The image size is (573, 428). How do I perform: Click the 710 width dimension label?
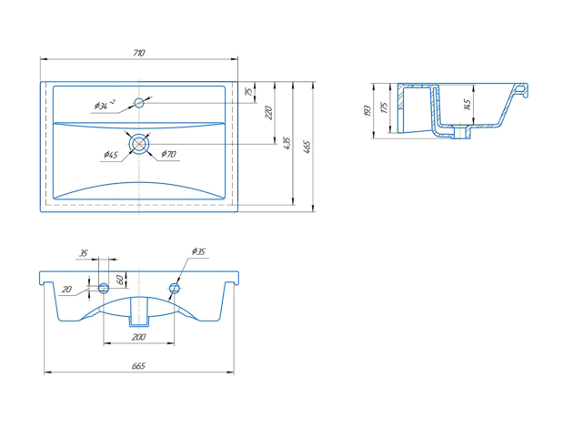click(139, 53)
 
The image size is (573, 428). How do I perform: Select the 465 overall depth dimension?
click(307, 147)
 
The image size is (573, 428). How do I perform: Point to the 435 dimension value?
click(286, 143)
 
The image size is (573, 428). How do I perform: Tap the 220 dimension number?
click(268, 112)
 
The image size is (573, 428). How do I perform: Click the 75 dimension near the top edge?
click(249, 91)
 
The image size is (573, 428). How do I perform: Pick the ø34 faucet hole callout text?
click(105, 105)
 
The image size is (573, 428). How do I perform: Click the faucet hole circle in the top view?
click(139, 103)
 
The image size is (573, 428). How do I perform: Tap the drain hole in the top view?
click(139, 144)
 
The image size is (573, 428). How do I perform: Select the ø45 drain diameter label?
click(111, 155)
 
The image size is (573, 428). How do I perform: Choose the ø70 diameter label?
click(168, 154)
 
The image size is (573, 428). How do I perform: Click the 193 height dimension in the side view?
click(368, 111)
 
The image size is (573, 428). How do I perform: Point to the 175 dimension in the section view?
click(384, 107)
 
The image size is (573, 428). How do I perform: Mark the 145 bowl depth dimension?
click(467, 105)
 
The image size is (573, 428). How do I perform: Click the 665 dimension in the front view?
click(138, 366)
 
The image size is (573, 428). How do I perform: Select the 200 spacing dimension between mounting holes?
click(138, 337)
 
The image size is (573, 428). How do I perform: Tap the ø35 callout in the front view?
click(198, 251)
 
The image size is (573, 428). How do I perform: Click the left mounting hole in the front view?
click(104, 289)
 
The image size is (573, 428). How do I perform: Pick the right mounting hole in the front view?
click(175, 289)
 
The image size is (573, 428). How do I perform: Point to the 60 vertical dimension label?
click(119, 280)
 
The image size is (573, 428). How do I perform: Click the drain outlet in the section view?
click(461, 132)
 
